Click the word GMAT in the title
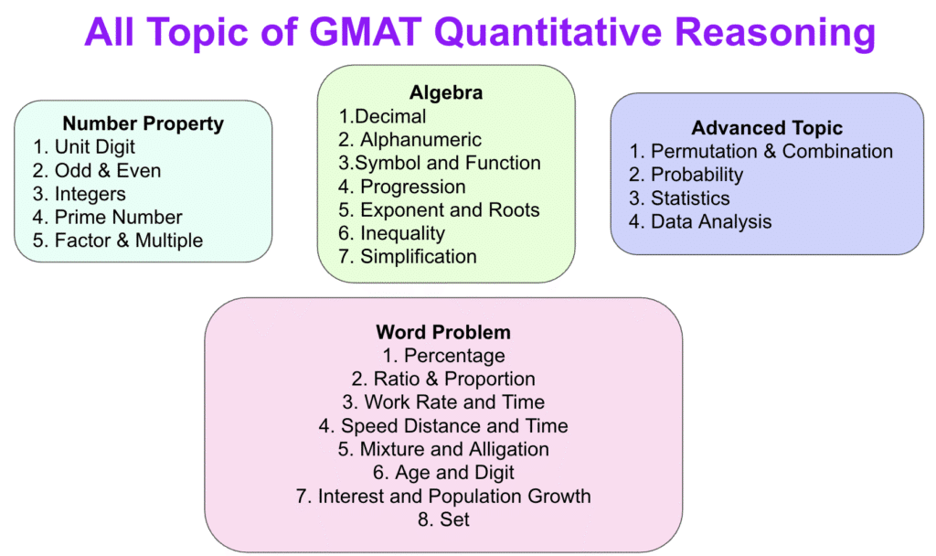click(366, 32)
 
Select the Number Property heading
click(144, 123)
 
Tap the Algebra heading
click(446, 93)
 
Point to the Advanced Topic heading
click(767, 128)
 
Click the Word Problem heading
click(443, 332)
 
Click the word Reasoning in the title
click(775, 33)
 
